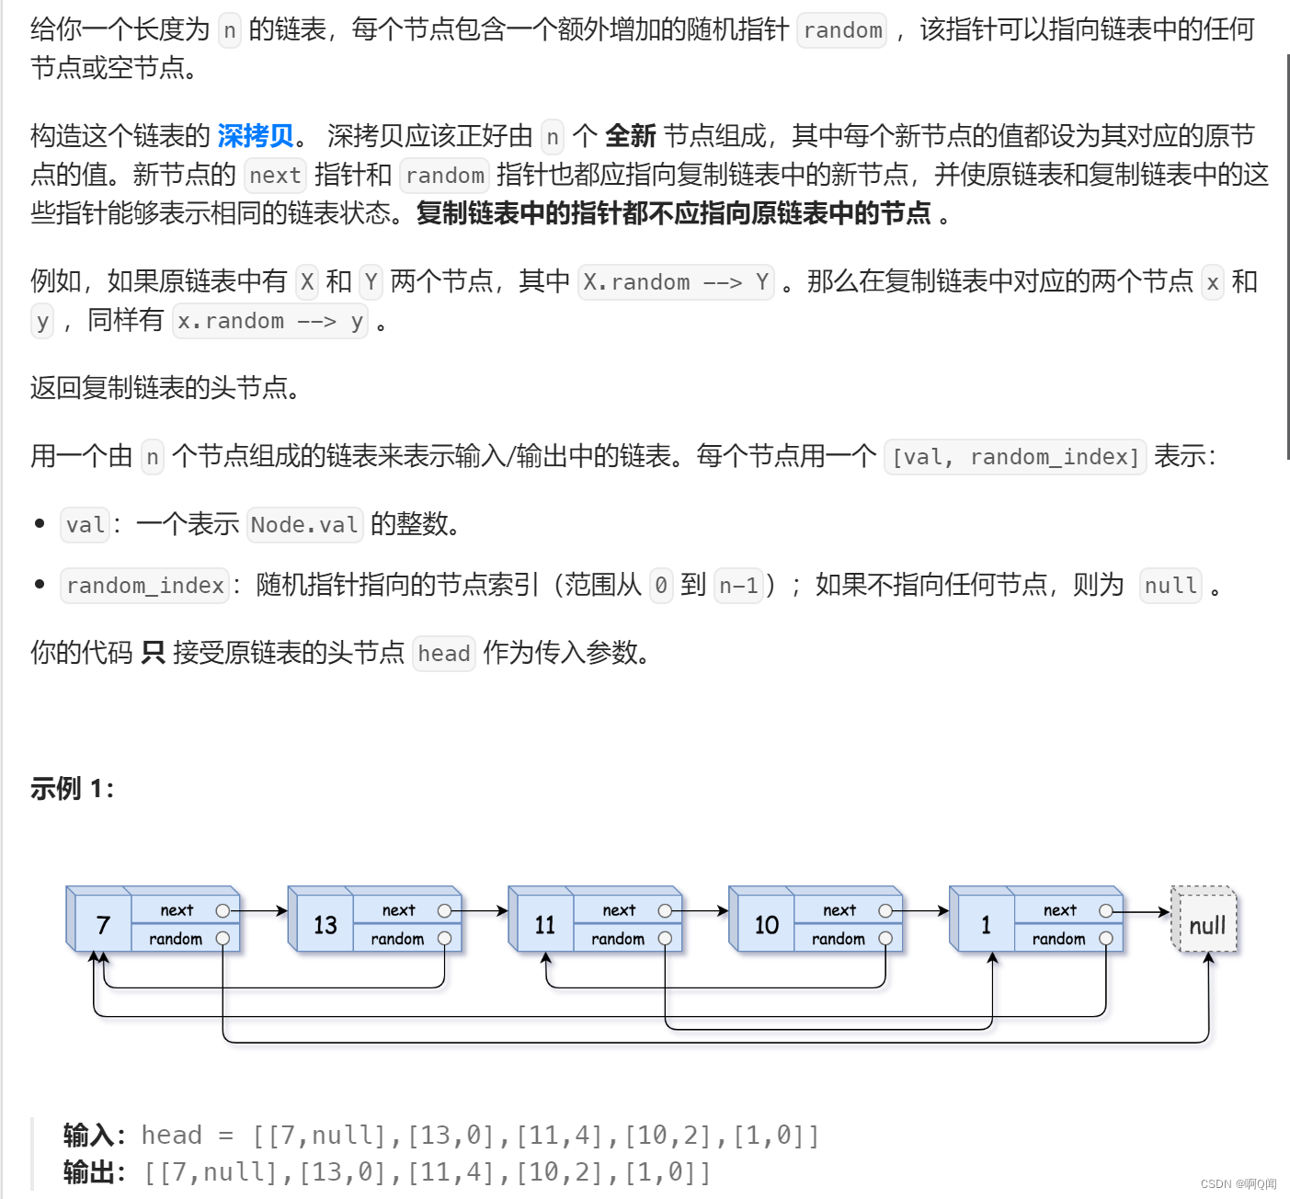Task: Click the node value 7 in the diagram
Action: click(103, 925)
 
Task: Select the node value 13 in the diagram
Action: click(325, 925)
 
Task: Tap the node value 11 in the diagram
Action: click(544, 925)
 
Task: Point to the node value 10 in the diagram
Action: click(766, 925)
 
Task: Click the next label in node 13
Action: click(398, 910)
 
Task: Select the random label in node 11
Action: click(617, 939)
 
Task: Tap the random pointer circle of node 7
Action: click(223, 939)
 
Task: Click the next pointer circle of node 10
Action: click(885, 910)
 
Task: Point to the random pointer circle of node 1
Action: click(1106, 939)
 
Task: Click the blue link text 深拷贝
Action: click(256, 136)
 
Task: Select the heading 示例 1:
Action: click(72, 788)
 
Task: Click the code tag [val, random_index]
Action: click(1015, 457)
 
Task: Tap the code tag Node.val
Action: click(304, 525)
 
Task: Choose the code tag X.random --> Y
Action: click(676, 282)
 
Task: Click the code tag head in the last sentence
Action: click(443, 654)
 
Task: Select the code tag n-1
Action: click(738, 586)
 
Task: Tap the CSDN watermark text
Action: click(1238, 1184)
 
